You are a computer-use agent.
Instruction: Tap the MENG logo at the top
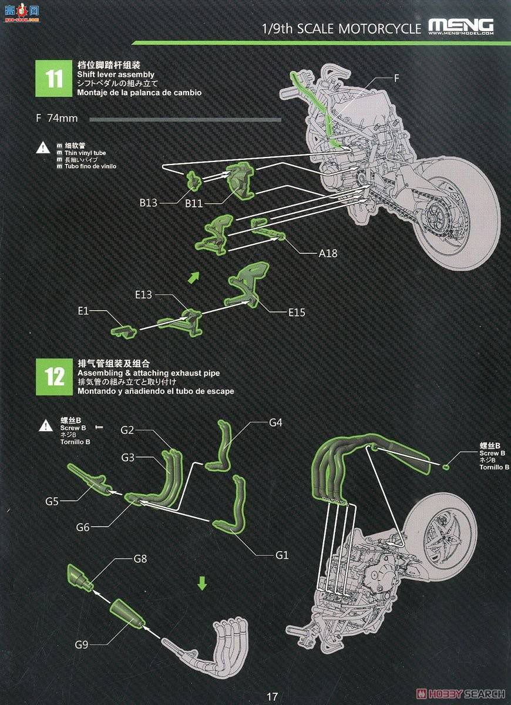coord(461,26)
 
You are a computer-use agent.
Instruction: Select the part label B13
coord(149,203)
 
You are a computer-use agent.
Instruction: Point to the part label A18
coord(328,254)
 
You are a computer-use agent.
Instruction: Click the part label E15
coord(297,313)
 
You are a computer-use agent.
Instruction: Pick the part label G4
coord(275,422)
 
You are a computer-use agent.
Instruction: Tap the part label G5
coord(52,501)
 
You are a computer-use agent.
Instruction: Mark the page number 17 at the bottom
coord(272,697)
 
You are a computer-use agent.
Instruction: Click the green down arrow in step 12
coord(202,583)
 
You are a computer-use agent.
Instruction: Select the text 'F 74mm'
coord(56,118)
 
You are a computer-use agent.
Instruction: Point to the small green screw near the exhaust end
coord(446,468)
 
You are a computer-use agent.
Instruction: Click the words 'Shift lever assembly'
coord(116,75)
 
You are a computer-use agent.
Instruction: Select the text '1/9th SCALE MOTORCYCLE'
coord(341,29)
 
